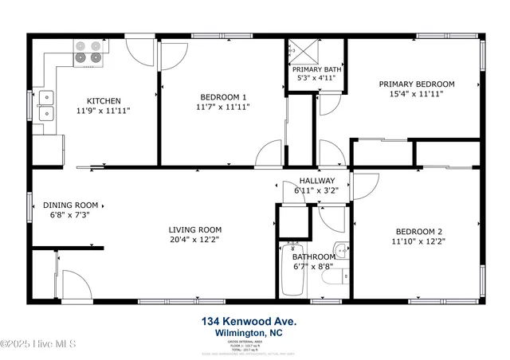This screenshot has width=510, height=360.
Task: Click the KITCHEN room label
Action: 104,101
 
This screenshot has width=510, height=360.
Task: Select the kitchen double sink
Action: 46,104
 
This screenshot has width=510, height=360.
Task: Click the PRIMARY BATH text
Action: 316,69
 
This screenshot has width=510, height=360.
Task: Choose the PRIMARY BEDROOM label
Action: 416,84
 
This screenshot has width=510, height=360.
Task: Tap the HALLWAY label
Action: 316,181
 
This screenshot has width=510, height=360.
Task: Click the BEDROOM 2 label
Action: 418,230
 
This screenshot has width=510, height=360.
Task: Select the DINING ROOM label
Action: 72,205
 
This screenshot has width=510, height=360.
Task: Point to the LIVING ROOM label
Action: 194,229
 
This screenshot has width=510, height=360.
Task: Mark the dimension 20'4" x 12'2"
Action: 194,239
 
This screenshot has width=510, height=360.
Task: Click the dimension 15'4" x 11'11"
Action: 416,94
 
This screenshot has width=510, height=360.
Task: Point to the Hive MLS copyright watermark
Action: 37,343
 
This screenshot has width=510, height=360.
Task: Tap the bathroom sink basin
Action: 340,251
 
